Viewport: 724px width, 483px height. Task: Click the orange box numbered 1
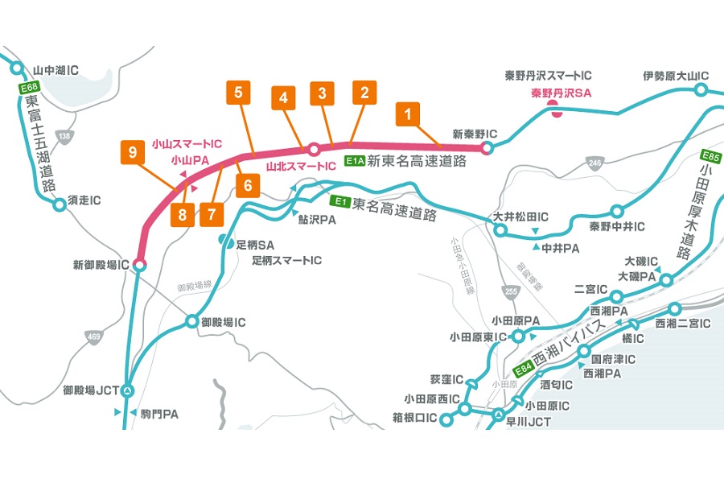[x=408, y=115]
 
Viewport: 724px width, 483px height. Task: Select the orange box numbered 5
[x=239, y=93]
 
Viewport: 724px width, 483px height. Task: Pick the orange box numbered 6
[x=249, y=185]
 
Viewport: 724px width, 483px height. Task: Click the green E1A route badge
[x=354, y=161]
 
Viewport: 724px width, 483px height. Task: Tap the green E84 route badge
[x=524, y=369]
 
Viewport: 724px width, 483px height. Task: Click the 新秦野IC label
[x=475, y=134]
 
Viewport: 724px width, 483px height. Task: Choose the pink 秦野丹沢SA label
[x=561, y=93]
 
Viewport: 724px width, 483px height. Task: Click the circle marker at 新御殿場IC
[x=139, y=264]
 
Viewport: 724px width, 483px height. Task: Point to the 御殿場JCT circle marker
[x=127, y=390]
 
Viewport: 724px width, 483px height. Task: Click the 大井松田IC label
[x=520, y=217]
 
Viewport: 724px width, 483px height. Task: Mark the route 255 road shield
[x=508, y=291]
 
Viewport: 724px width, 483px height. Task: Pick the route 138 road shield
[x=65, y=137]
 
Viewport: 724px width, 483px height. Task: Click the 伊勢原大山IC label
[x=676, y=76]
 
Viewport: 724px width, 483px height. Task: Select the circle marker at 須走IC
[x=59, y=204]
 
